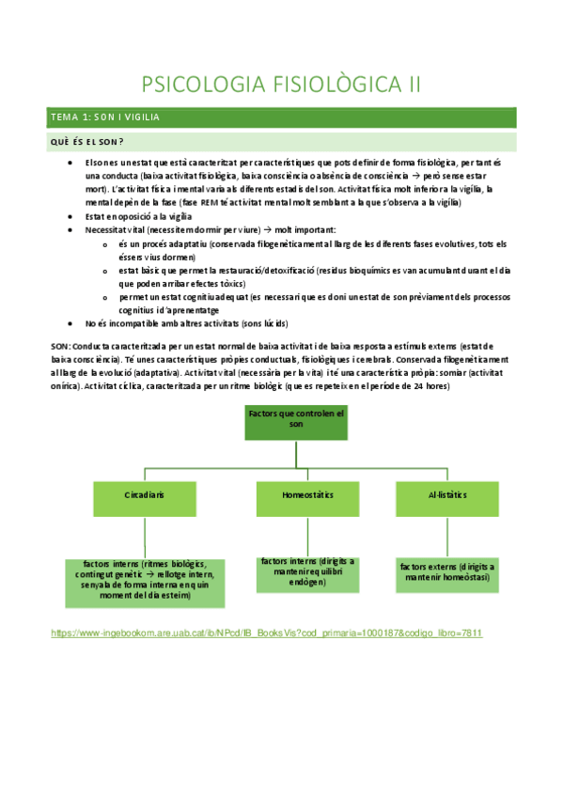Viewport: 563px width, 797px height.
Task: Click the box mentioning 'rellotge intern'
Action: coord(145,581)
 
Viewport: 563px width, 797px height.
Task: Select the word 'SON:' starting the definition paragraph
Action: coord(61,346)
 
